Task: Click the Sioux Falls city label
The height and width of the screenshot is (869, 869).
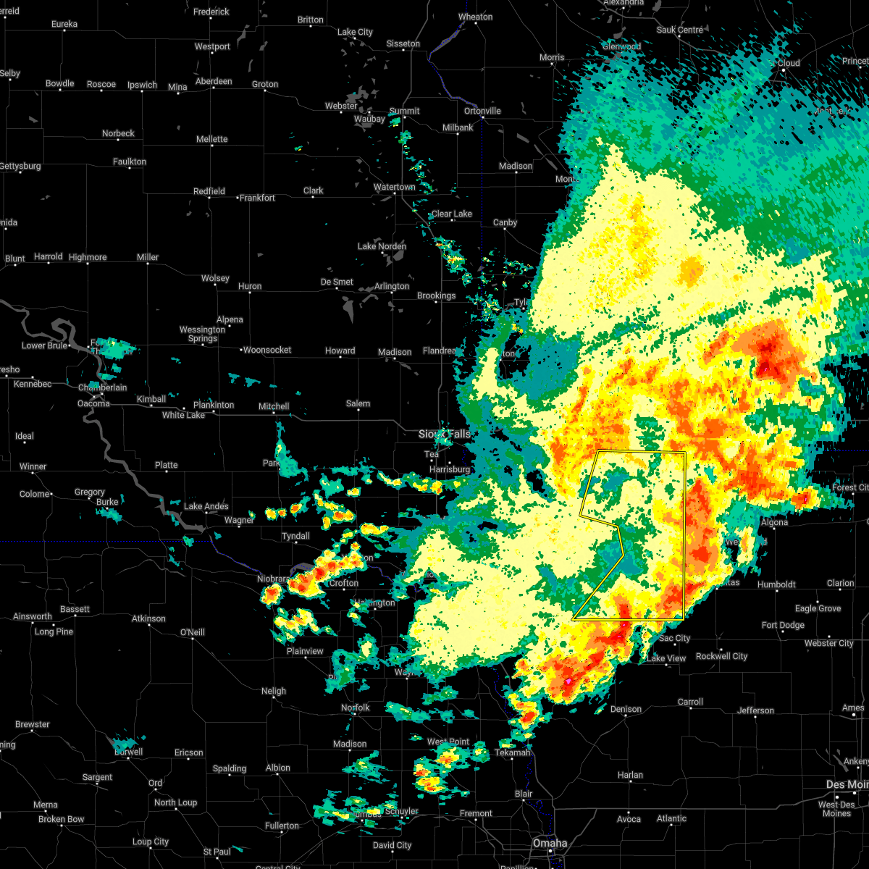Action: pyautogui.click(x=445, y=434)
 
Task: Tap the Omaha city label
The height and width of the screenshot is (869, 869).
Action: pyautogui.click(x=550, y=844)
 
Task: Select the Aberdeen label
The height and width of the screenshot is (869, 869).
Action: pyautogui.click(x=214, y=82)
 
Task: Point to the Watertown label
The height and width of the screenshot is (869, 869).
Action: pyautogui.click(x=395, y=188)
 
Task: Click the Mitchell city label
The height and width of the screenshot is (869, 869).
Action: pyautogui.click(x=274, y=407)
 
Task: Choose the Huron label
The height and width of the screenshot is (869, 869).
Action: pyautogui.click(x=250, y=287)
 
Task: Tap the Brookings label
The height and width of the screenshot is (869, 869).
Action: pyautogui.click(x=437, y=296)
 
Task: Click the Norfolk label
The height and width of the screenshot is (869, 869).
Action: pyautogui.click(x=355, y=708)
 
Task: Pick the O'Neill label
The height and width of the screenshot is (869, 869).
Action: pyautogui.click(x=192, y=633)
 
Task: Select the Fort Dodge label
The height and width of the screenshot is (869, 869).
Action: pyautogui.click(x=783, y=626)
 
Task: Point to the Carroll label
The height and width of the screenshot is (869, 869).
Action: pyautogui.click(x=690, y=702)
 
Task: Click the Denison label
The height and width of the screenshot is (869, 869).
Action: pyautogui.click(x=626, y=710)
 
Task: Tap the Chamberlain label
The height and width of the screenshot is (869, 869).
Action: pyautogui.click(x=102, y=388)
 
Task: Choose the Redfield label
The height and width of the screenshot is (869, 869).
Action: pyautogui.click(x=209, y=192)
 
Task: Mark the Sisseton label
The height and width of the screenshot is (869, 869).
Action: pyautogui.click(x=403, y=44)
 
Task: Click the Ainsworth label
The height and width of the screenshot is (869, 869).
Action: pyautogui.click(x=33, y=617)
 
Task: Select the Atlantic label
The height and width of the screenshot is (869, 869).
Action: pyautogui.click(x=671, y=819)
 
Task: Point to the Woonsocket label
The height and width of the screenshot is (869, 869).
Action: pyautogui.click(x=267, y=350)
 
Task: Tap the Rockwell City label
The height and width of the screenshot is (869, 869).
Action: pyautogui.click(x=721, y=657)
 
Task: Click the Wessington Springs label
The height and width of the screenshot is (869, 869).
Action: pyautogui.click(x=203, y=334)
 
